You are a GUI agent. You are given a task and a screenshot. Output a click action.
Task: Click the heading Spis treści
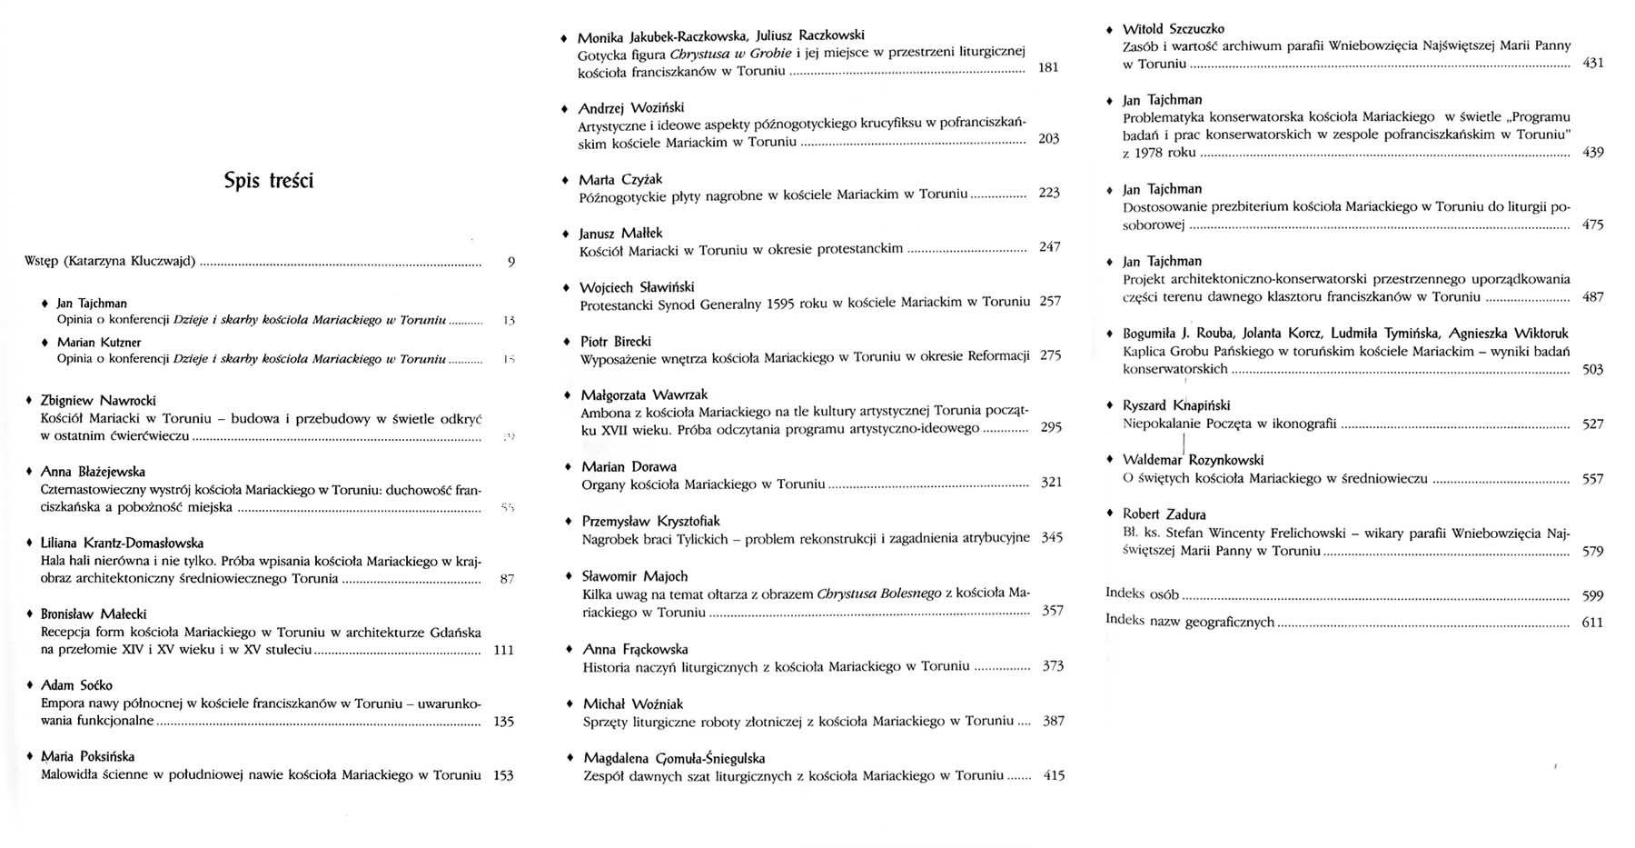(268, 181)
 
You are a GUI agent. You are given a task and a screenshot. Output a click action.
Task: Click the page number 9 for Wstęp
(511, 262)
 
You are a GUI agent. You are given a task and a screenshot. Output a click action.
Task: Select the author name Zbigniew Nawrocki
(98, 401)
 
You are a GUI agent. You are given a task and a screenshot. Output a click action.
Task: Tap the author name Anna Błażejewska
(93, 472)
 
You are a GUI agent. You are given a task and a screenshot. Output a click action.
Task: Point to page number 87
(507, 579)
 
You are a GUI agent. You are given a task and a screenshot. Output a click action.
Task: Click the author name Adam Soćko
(76, 685)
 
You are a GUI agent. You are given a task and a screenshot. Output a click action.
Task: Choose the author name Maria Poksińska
(87, 756)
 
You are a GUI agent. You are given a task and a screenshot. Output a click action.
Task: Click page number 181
(1047, 67)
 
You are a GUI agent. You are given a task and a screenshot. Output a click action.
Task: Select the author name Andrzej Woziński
(631, 108)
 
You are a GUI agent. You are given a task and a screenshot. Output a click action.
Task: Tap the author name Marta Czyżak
(620, 180)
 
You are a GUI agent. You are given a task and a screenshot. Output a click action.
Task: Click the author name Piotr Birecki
(616, 342)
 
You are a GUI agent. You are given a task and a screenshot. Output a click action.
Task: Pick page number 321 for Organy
(1051, 483)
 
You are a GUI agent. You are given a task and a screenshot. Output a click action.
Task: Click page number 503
(1592, 370)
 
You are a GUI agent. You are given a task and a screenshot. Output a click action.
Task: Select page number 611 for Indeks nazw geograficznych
(1592, 623)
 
